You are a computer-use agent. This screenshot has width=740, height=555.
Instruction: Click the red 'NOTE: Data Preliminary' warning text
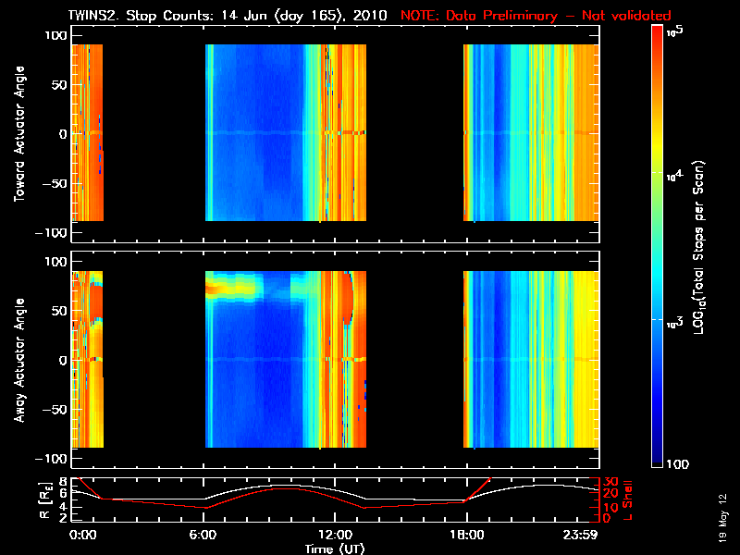pyautogui.click(x=536, y=16)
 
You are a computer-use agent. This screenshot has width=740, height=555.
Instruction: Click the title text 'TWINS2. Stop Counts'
pyautogui.click(x=138, y=16)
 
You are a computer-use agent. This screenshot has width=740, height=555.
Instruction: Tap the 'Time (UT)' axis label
pyautogui.click(x=334, y=549)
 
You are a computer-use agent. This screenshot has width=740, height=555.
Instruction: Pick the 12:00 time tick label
pyautogui.click(x=334, y=535)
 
